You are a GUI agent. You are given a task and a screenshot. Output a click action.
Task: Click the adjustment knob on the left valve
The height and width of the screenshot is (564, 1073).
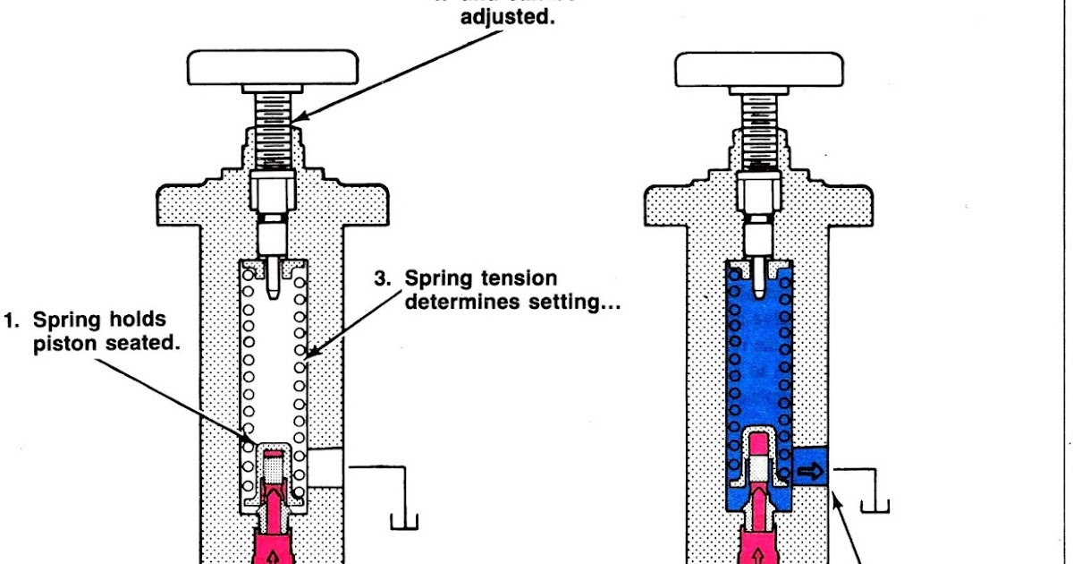pyautogui.click(x=273, y=68)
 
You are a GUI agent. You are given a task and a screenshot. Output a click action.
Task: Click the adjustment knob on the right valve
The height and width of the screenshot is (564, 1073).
pyautogui.click(x=759, y=68)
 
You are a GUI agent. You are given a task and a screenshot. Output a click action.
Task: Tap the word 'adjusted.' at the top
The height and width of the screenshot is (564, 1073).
pyautogui.click(x=507, y=17)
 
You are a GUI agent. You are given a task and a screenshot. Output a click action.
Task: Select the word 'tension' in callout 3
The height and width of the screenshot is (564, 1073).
pyautogui.click(x=511, y=278)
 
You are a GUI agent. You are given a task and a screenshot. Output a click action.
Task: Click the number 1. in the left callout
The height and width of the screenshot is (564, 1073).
pyautogui.click(x=12, y=320)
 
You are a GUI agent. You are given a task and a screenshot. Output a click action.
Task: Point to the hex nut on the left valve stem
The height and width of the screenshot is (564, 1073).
pyautogui.click(x=273, y=192)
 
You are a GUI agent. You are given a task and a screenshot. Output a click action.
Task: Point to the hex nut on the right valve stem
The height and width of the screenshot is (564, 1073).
pyautogui.click(x=759, y=192)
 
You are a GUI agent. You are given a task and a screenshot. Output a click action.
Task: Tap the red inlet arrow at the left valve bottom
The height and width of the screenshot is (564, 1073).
pyautogui.click(x=273, y=550)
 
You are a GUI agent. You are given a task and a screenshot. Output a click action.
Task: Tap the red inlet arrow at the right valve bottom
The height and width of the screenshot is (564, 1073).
pyautogui.click(x=759, y=550)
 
